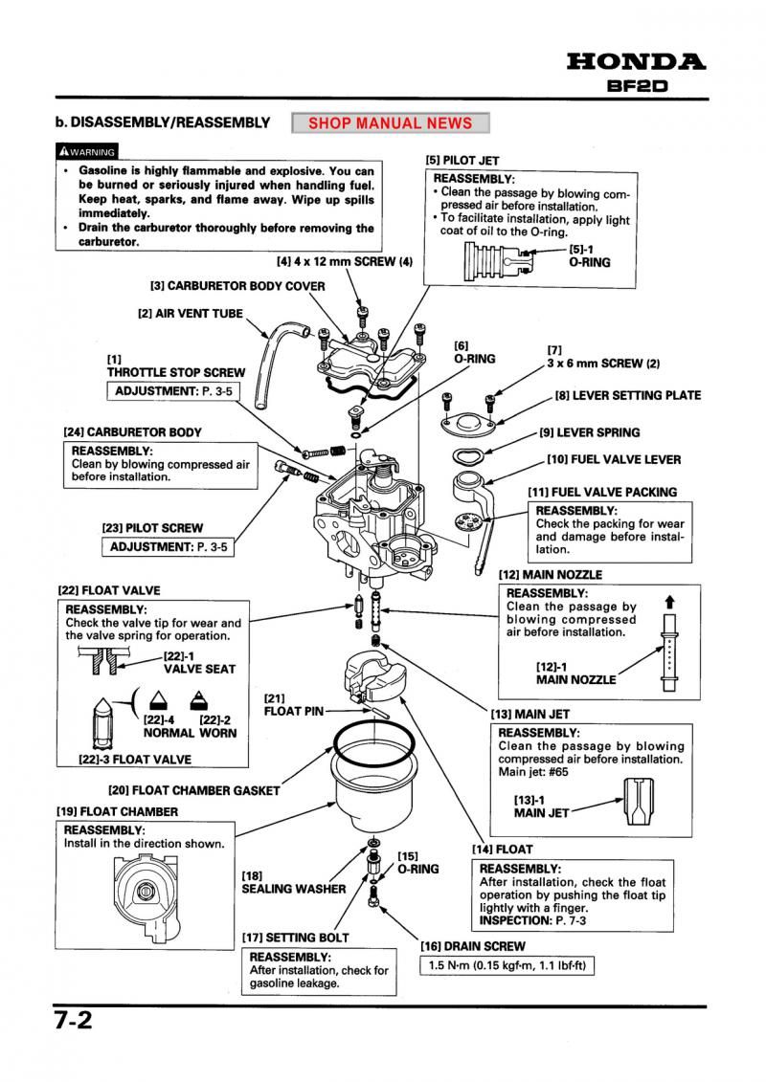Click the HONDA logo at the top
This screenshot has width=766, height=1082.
coord(637,62)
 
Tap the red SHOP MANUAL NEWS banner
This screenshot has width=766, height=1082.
coord(391,123)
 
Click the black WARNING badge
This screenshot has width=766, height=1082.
coord(87,151)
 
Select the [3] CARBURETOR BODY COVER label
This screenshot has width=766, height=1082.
coord(237,285)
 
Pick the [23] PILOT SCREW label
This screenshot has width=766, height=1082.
coord(152,527)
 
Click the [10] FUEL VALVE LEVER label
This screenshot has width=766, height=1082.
coord(614,459)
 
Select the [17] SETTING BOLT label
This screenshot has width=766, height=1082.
coord(295,937)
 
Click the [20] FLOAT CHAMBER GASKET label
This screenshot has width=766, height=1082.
coord(194,790)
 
